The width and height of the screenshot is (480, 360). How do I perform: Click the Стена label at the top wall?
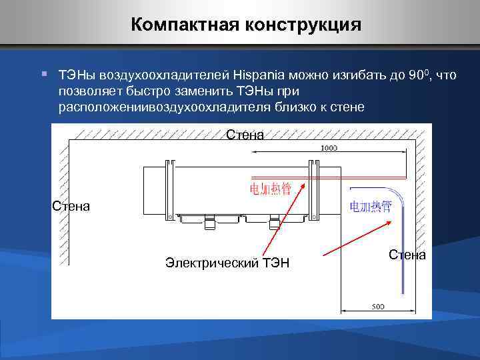(245, 135)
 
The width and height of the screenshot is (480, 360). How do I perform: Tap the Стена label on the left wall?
(71, 206)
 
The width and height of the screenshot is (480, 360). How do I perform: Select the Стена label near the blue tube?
(407, 255)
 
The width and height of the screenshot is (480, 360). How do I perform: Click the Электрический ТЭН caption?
(227, 263)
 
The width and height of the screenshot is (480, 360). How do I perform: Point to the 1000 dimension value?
(329, 147)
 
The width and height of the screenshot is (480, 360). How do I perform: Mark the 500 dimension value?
(377, 307)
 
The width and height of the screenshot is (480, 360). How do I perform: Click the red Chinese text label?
(270, 189)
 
